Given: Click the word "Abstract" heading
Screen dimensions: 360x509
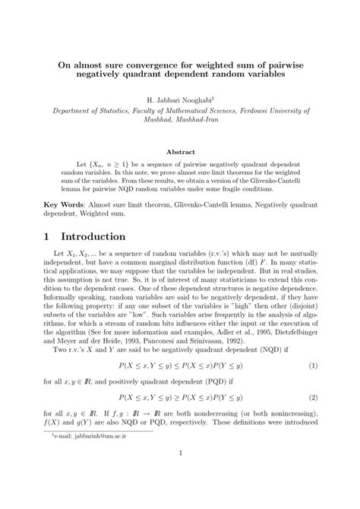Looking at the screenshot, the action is pyautogui.click(x=179, y=152).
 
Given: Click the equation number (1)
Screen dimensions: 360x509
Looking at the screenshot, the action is pyautogui.click(x=311, y=365).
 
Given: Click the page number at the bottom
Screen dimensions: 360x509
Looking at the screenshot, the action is pyautogui.click(x=180, y=476).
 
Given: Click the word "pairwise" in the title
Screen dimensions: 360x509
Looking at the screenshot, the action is pyautogui.click(x=279, y=65).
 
